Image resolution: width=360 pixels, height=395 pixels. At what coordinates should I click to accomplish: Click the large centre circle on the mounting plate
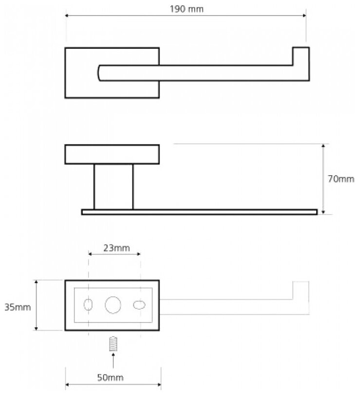113,305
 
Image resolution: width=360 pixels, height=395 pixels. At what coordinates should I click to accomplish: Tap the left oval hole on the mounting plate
89,305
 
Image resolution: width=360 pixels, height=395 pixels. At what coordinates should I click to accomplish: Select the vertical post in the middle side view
113,187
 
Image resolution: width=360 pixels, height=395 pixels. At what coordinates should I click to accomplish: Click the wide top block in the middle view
112,154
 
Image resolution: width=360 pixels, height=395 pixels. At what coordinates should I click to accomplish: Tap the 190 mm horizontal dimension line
146,17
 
